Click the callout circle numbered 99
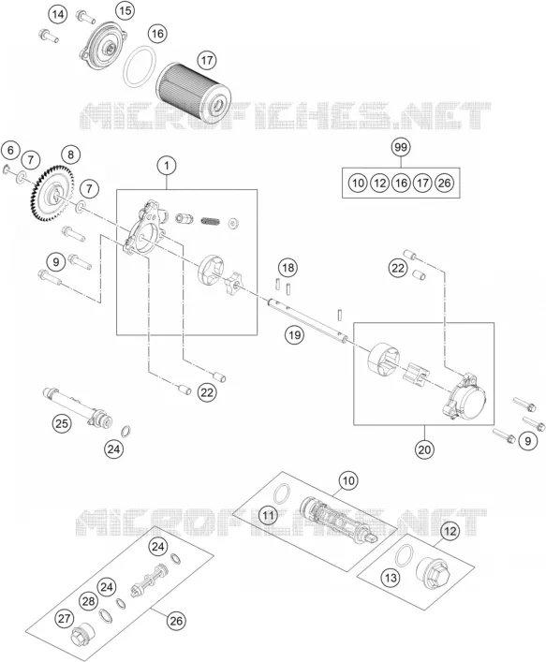pyautogui.click(x=400, y=147)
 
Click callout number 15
pyautogui.click(x=125, y=10)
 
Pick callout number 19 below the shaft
pyautogui.click(x=294, y=335)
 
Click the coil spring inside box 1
pyautogui.click(x=211, y=221)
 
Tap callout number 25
pyautogui.click(x=62, y=422)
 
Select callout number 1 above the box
pyautogui.click(x=167, y=166)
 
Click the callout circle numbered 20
pyautogui.click(x=424, y=450)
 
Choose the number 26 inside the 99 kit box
pyautogui.click(x=444, y=183)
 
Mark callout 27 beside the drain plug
pyautogui.click(x=65, y=619)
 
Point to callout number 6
pyautogui.click(x=10, y=150)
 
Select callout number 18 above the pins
pyautogui.click(x=288, y=268)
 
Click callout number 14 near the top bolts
pyautogui.click(x=58, y=15)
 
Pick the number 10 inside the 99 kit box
pyautogui.click(x=358, y=183)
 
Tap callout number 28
pyautogui.click(x=88, y=601)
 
